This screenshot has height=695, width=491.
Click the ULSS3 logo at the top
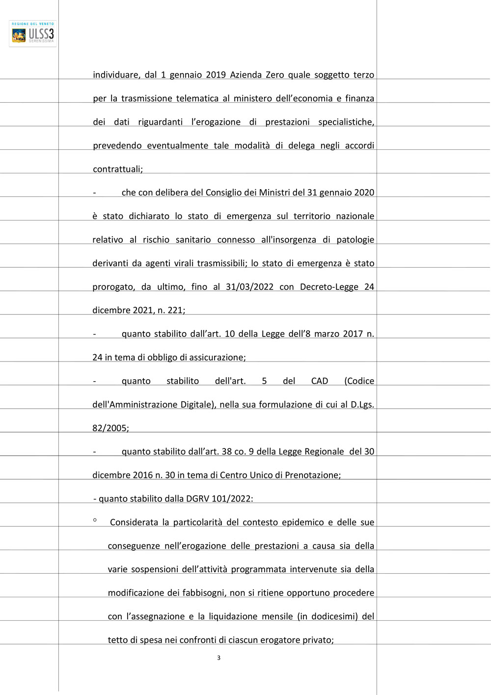tap(33, 34)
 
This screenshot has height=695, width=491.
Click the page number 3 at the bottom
tap(218, 658)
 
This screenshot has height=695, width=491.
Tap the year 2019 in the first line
tap(216, 75)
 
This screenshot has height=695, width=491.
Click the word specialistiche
tap(346, 122)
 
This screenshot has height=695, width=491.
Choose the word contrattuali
tap(117, 169)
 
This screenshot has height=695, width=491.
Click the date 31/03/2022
tap(249, 287)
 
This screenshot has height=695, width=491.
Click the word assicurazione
tap(218, 358)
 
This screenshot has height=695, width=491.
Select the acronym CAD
tap(320, 381)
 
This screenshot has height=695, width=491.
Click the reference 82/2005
tap(110, 428)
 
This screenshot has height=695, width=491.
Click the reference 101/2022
tap(232, 499)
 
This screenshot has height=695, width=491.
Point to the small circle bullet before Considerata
tap(95, 520)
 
